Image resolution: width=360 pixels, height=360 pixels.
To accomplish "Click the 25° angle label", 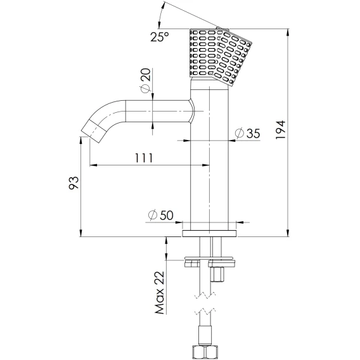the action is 160,37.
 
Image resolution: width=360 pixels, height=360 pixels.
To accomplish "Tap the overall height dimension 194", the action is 280,130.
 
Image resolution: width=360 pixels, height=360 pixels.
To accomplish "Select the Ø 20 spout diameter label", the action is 146,81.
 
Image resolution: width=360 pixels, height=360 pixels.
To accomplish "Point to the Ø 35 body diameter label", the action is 248,133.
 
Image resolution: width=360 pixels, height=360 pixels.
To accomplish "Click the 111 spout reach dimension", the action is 143,158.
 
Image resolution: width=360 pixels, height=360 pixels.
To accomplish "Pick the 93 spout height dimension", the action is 74,183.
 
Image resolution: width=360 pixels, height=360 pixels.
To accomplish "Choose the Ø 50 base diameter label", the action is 161,215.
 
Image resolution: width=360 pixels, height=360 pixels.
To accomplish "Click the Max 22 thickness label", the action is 160,293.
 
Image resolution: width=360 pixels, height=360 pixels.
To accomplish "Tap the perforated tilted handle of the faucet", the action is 221,56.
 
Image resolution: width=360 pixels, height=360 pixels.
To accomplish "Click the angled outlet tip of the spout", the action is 94,132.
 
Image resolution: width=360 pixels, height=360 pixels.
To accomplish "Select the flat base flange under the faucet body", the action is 209,233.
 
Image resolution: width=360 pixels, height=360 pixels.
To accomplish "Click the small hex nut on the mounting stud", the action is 217,274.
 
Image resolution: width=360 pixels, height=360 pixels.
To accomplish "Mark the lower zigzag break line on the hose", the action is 205,312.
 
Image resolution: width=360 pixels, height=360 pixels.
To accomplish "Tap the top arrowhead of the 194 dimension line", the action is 288,32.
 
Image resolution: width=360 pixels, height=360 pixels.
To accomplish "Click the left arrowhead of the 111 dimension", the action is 93,165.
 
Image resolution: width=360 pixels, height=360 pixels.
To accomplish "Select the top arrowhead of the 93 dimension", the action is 80,140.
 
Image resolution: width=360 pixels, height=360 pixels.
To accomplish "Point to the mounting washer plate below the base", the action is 210,259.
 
